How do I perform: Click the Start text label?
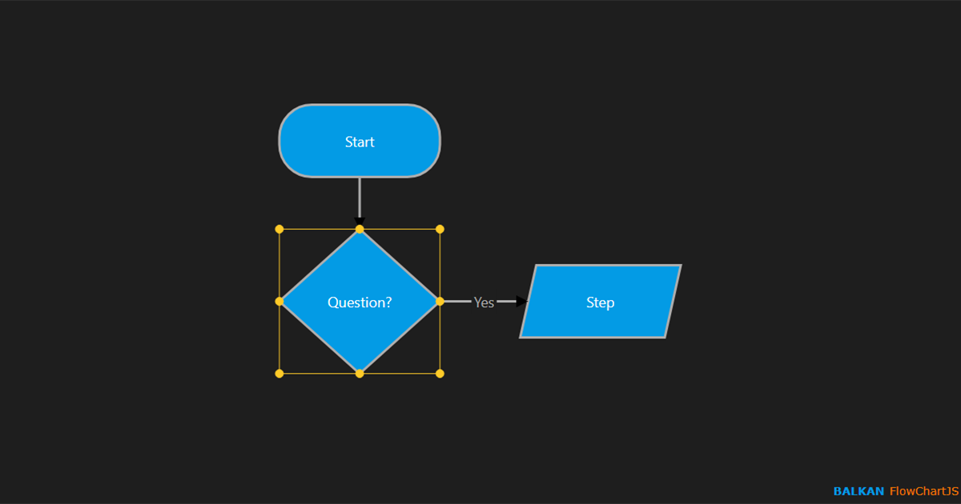point(360,142)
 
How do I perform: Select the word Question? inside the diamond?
point(360,302)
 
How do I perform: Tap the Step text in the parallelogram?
point(600,302)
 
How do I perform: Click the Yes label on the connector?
point(484,302)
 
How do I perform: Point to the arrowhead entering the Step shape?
point(522,302)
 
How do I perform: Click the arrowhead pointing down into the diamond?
point(360,222)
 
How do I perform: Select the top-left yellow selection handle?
point(279,230)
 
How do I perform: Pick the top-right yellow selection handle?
point(440,230)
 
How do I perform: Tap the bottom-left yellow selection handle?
point(279,374)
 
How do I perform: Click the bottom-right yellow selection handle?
point(440,374)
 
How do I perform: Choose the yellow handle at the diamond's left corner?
point(279,302)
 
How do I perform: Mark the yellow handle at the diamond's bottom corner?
point(360,374)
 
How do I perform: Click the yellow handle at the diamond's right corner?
point(440,302)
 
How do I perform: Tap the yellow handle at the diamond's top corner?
point(360,230)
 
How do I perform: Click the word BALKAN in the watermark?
point(858,491)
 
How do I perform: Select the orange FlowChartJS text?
point(923,491)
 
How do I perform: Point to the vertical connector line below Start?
point(360,196)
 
